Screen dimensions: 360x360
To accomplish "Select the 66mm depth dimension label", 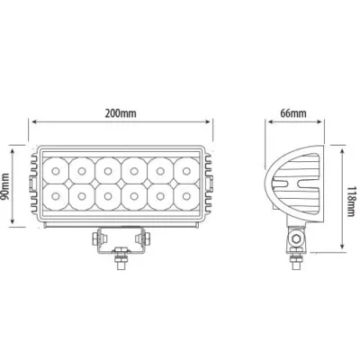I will tap(292, 113).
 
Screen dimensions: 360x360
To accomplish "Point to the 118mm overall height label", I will tap(352, 193).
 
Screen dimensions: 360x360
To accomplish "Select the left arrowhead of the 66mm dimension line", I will tap(265, 124).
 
